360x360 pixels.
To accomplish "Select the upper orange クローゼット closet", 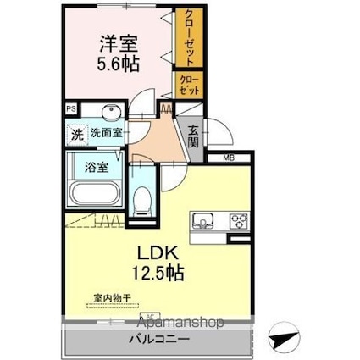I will coord(189,38).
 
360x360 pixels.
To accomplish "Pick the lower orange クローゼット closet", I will coord(188,85).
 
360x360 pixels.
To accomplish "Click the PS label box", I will coord(70,108).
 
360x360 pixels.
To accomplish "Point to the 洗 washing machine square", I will coord(76,134).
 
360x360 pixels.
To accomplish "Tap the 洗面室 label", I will coord(107,133).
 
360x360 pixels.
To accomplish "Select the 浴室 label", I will coord(96,166).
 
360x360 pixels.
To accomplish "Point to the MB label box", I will coord(229,158).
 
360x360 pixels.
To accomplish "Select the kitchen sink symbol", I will coord(204,221).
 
